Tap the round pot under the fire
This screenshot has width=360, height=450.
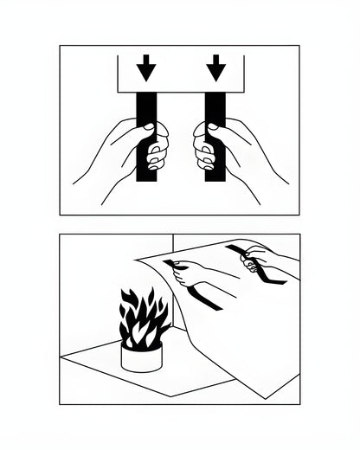pyautogui.click(x=141, y=357)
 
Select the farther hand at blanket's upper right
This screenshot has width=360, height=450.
pyautogui.click(x=260, y=256)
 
